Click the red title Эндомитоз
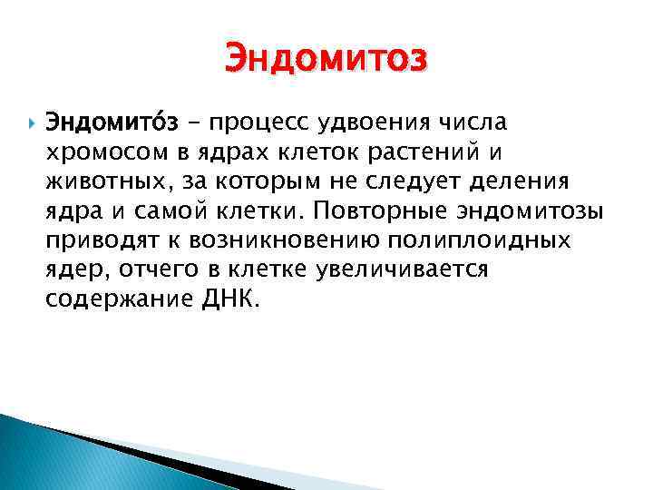[325, 59]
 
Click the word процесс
[272, 121]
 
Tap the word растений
[480, 151]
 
